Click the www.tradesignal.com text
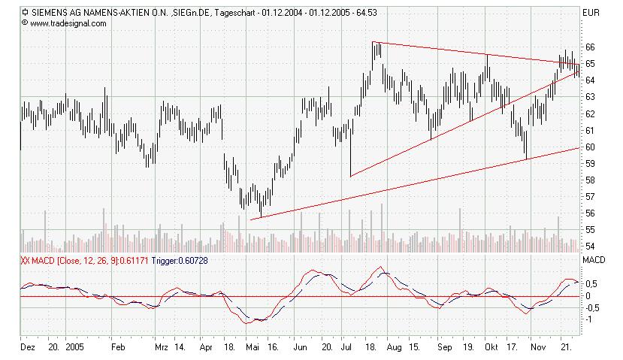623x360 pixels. pyautogui.click(x=68, y=23)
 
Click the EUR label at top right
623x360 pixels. pyautogui.click(x=591, y=13)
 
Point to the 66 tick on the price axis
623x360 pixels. pyautogui.click(x=590, y=47)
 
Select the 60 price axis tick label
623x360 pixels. pyautogui.click(x=590, y=147)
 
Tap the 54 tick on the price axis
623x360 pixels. pyautogui.click(x=590, y=247)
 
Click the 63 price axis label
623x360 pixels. pyautogui.click(x=590, y=97)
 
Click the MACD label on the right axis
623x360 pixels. pyautogui.click(x=594, y=259)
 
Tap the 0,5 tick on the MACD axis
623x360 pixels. pyautogui.click(x=592, y=283)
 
